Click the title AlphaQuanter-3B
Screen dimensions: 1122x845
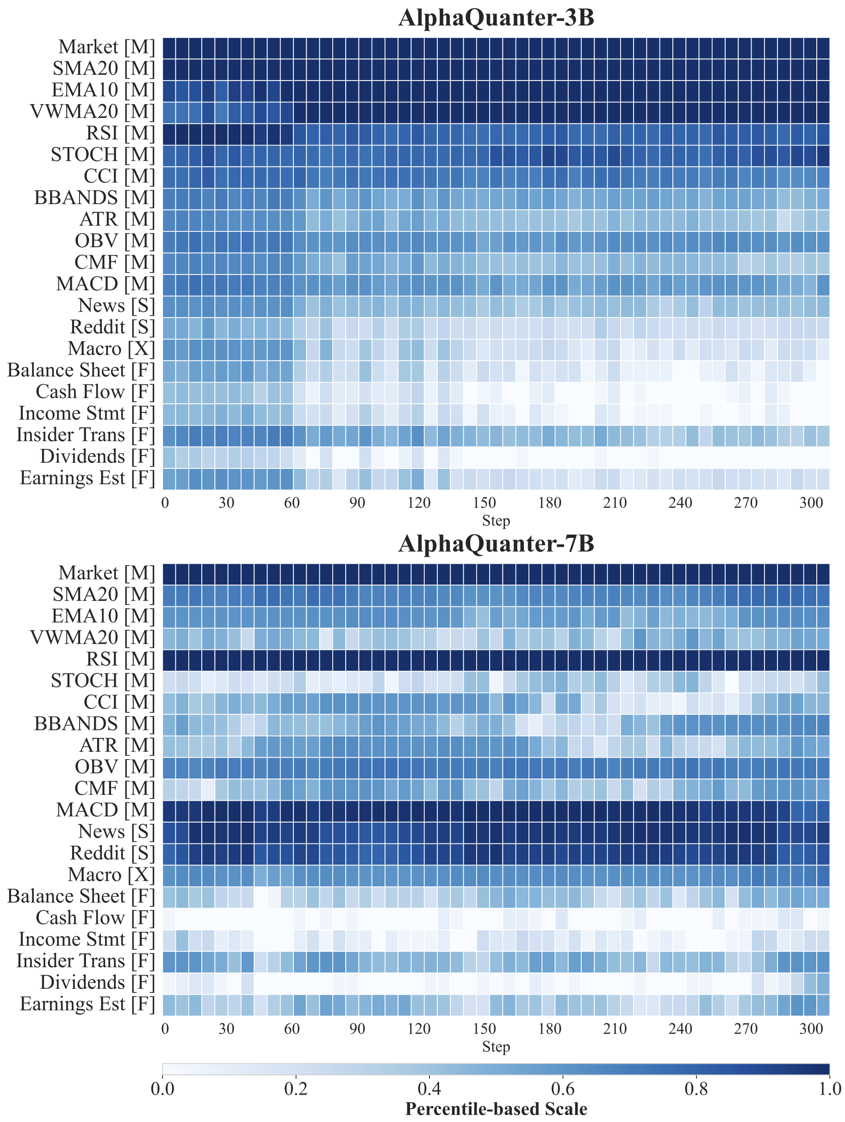496,18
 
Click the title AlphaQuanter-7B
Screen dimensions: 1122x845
496,544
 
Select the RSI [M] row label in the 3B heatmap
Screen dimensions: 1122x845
120,133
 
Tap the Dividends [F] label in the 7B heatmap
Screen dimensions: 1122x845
97,983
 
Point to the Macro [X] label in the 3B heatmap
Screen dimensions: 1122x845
111,349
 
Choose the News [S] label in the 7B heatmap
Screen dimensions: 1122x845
116,832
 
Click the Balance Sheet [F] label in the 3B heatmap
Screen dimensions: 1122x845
81,370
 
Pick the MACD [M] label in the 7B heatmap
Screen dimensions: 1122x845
106,810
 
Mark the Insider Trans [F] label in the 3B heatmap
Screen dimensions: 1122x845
85,435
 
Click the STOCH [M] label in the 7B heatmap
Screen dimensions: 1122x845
102,681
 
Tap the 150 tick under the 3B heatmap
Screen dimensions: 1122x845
484,503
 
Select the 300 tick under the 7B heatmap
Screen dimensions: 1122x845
811,1029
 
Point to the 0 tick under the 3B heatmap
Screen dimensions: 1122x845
165,503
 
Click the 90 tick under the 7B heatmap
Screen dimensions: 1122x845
357,1029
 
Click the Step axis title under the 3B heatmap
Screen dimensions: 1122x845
496,520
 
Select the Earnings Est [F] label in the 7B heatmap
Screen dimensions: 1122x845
87,1004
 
